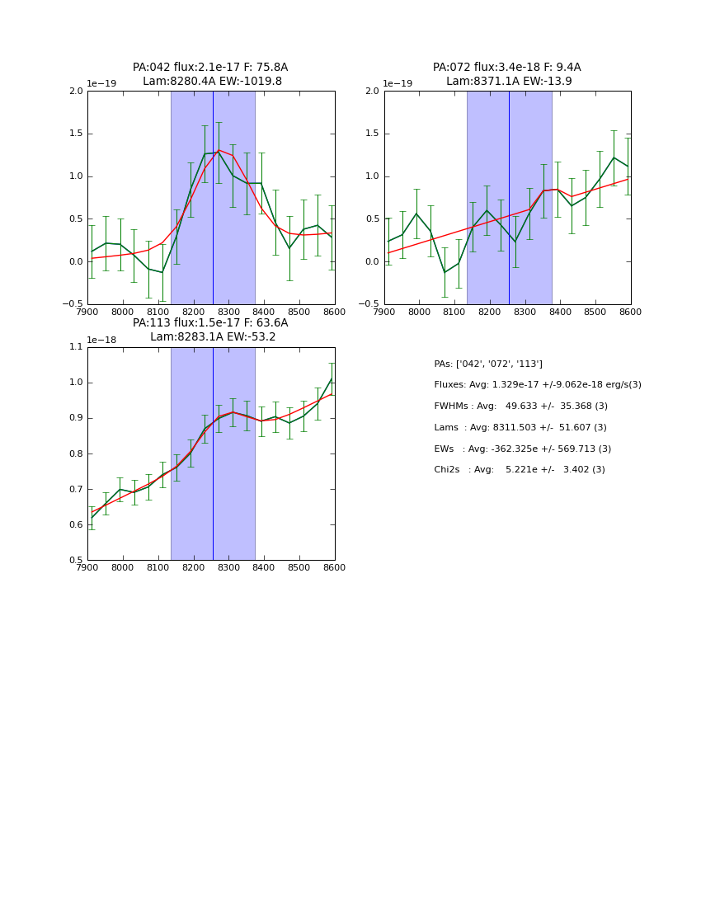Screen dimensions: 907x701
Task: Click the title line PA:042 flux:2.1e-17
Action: click(x=210, y=68)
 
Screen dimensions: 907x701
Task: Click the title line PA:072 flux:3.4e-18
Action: click(x=507, y=68)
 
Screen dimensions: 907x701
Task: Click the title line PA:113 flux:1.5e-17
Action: click(x=210, y=323)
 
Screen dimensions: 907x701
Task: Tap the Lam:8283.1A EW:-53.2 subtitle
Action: click(x=213, y=337)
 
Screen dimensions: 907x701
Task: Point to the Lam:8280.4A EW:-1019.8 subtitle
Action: click(x=212, y=82)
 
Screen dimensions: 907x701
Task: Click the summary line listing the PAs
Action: click(x=488, y=364)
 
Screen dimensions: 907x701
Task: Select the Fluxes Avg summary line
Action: click(x=538, y=385)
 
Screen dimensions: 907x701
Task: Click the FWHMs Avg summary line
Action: click(x=520, y=407)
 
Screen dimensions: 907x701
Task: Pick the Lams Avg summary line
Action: click(x=520, y=428)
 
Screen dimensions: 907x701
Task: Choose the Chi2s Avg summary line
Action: click(x=520, y=470)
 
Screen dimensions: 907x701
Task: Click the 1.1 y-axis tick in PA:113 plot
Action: click(x=76, y=347)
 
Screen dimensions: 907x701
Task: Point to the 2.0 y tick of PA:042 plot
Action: click(x=76, y=92)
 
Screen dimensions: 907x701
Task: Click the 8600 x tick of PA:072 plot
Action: click(x=631, y=313)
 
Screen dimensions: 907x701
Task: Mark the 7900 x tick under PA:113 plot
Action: click(x=87, y=568)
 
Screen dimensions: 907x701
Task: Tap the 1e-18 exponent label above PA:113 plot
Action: click(x=101, y=340)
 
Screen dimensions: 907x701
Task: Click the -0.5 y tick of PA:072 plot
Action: click(x=370, y=304)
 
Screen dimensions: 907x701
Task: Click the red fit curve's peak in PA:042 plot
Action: click(x=219, y=150)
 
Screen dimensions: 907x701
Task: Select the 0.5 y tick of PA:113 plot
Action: click(x=76, y=561)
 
